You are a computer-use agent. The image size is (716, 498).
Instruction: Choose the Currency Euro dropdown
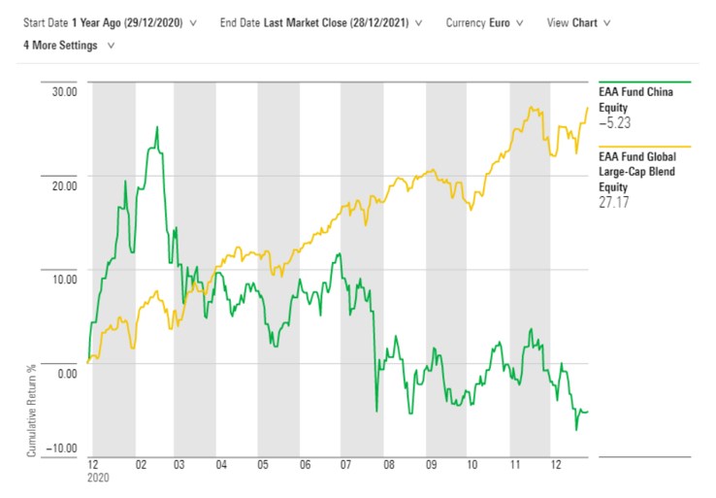point(499,21)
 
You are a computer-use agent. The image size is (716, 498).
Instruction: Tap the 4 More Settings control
point(60,45)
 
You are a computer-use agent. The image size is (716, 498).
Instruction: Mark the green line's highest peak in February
point(157,126)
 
